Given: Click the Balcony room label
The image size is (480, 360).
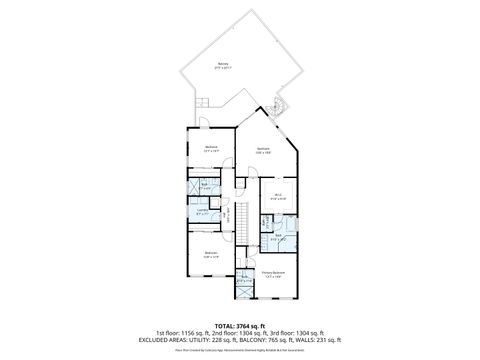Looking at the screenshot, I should click(222, 66).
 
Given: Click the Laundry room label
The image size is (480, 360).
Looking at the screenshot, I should click(203, 211).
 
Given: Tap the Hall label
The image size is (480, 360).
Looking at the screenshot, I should click(226, 213).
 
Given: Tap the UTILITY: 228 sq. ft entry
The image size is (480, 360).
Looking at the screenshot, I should click(230, 339).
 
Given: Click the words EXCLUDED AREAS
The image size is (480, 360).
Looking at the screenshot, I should click(175, 339).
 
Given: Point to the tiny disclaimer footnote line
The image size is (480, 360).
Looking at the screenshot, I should click(240, 350).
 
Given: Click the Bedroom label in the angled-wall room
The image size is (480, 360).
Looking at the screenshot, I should click(264, 150).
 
